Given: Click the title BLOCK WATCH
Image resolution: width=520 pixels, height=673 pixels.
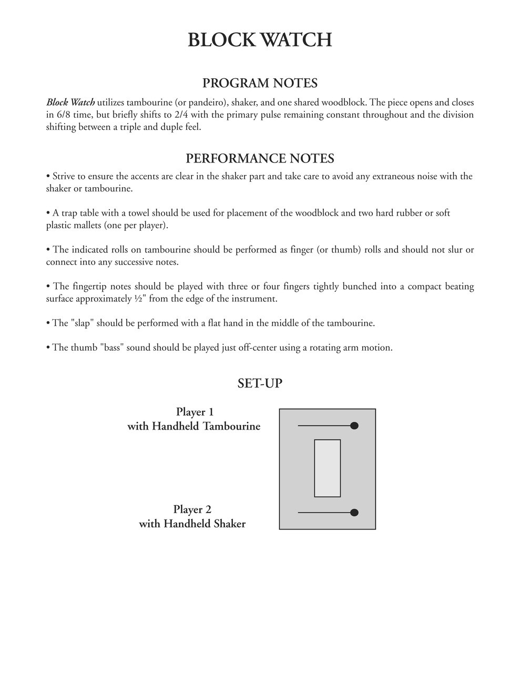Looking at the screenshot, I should tap(260, 40).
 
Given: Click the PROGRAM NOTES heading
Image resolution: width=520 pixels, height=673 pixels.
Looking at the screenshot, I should tap(260, 83).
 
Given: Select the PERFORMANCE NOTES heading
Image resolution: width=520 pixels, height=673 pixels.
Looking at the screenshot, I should tap(260, 158).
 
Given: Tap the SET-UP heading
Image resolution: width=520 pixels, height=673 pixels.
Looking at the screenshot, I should tap(260, 383).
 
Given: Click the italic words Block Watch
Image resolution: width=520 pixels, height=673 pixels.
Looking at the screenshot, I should tap(70, 103).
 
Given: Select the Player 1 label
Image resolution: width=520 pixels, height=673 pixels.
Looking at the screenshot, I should tap(195, 412).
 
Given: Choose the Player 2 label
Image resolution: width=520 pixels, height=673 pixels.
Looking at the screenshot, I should tap(192, 509).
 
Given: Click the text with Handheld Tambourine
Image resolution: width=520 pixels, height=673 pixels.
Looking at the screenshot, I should tap(194, 426).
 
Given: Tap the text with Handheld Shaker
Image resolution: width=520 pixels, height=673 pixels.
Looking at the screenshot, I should tap(192, 524).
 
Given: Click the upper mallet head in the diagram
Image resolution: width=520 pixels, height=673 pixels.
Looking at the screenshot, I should tap(354, 425).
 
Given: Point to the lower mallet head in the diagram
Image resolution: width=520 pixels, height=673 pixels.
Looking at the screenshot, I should tap(354, 513).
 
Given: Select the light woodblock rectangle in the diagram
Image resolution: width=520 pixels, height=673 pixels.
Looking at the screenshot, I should tap(327, 468).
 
